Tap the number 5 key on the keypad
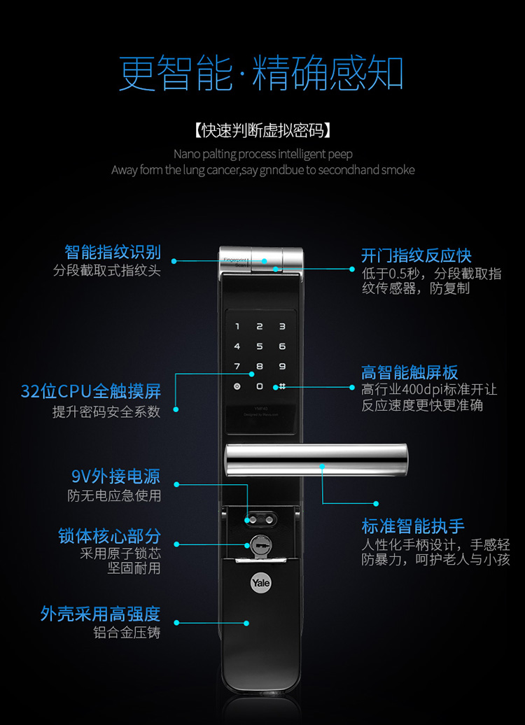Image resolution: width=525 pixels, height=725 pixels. [x=260, y=346]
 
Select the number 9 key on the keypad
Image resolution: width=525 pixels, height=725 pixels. [x=282, y=366]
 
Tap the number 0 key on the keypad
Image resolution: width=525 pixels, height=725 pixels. [x=260, y=386]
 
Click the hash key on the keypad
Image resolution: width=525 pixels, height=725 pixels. [x=282, y=386]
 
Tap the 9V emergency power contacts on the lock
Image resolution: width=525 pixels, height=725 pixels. [x=259, y=520]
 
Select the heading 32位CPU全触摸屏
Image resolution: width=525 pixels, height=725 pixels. [x=91, y=391]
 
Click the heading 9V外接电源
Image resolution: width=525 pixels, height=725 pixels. [x=115, y=477]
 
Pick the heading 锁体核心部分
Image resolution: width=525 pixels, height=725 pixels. [x=109, y=536]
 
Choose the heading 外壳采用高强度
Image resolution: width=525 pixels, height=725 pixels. [x=100, y=614]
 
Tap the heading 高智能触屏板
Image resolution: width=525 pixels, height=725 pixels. [x=409, y=372]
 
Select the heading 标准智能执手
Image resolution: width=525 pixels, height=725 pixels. [x=413, y=526]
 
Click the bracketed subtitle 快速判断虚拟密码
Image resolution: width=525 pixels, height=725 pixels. [x=262, y=131]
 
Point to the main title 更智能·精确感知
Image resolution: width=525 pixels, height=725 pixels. [x=262, y=73]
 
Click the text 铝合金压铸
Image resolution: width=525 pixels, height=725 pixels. [x=127, y=633]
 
